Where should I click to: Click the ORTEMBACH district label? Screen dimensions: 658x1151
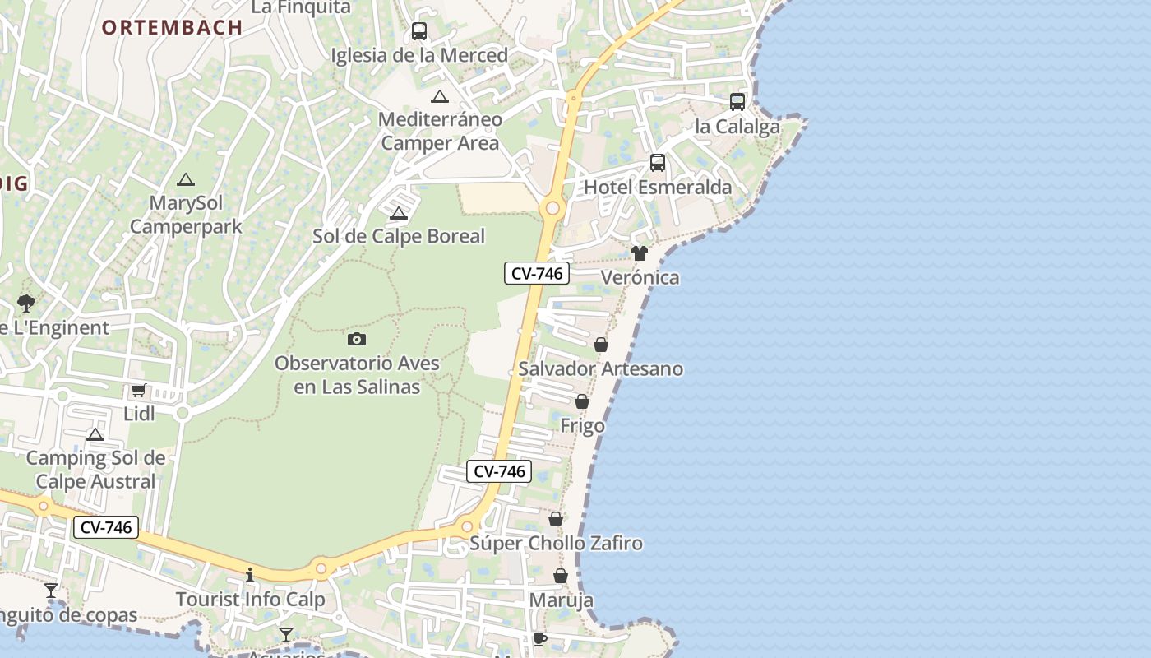pos(172,27)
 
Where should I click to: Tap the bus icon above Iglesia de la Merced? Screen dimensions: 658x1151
pos(419,31)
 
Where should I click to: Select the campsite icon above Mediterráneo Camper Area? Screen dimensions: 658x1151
pos(440,96)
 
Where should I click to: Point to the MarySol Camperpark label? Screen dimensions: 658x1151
pos(186,214)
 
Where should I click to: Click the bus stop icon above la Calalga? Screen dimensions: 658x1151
pos(737,102)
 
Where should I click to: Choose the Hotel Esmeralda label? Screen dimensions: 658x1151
pos(657,188)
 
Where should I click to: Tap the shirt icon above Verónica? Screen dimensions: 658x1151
pos(640,253)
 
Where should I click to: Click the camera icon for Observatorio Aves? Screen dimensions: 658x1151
pos(357,339)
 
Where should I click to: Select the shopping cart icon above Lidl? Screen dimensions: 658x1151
pos(138,390)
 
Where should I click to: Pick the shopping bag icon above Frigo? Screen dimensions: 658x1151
pos(582,401)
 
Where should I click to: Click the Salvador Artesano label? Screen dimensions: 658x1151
pos(600,368)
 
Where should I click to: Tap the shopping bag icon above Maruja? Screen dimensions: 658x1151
pos(561,576)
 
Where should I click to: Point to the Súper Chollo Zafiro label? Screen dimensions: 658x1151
pos(556,544)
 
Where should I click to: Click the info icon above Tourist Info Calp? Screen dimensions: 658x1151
pos(250,574)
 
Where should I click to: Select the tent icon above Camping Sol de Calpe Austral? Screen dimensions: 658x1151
pos(95,434)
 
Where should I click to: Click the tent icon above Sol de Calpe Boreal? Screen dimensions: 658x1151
pos(399,214)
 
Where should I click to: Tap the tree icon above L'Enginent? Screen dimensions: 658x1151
pos(26,303)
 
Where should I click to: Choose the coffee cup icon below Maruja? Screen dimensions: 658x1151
pos(539,638)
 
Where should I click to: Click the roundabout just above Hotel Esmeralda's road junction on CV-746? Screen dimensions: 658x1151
pos(552,208)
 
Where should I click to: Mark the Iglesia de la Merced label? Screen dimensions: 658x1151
pos(419,55)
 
